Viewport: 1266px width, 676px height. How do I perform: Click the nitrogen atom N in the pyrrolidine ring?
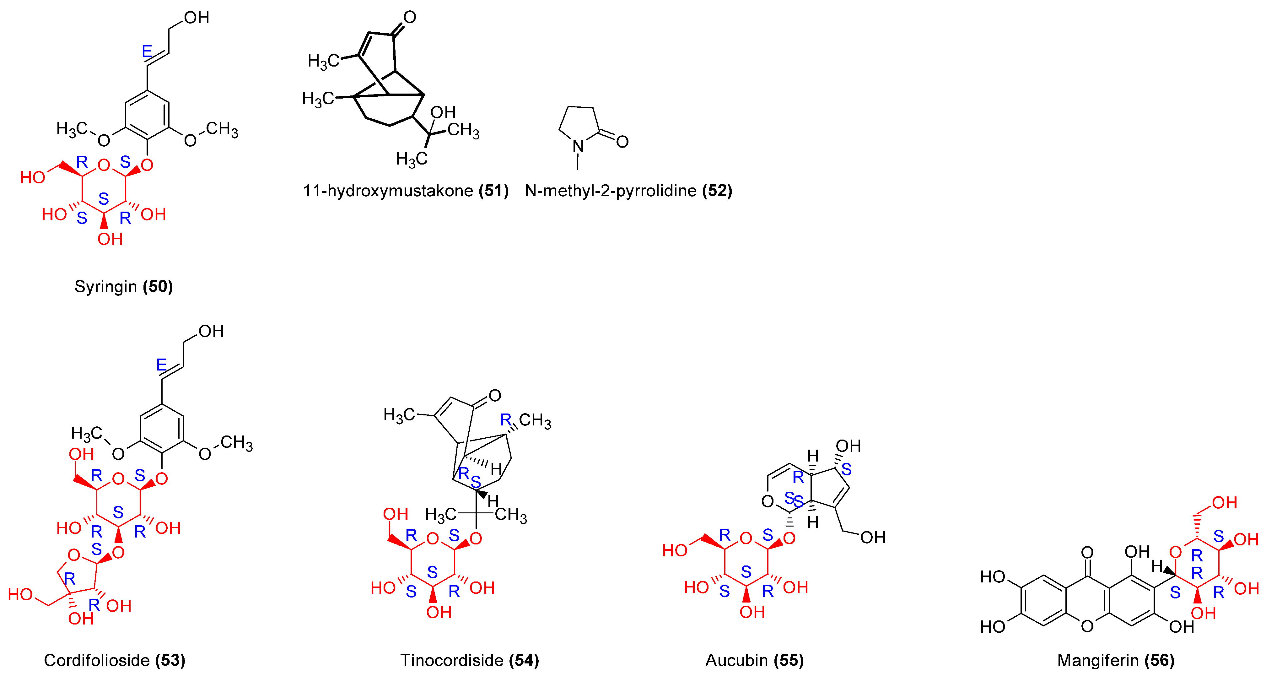pos(579,146)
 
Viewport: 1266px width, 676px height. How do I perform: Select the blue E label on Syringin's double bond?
pos(147,51)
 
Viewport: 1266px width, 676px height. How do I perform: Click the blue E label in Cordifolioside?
pos(161,365)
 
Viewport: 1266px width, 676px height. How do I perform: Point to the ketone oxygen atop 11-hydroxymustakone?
pos(410,17)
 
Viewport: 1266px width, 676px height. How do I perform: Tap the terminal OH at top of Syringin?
pos(197,18)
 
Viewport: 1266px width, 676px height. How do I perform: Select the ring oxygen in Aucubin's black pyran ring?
pos(767,501)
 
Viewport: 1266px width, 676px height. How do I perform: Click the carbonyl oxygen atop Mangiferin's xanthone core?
pos(1087,553)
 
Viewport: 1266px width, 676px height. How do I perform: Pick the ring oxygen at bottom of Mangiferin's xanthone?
pos(1087,626)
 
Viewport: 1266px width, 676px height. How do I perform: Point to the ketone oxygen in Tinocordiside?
pos(495,395)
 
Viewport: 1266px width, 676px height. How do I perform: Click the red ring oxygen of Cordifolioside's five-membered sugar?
pos(74,555)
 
